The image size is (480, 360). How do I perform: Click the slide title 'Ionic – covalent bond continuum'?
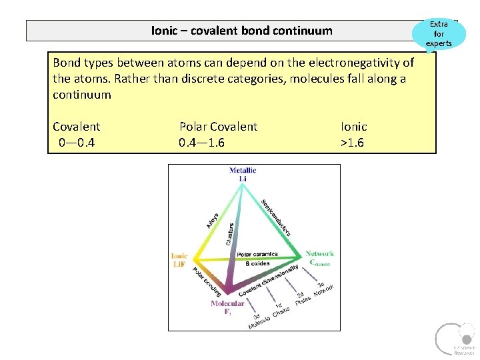coord(241,31)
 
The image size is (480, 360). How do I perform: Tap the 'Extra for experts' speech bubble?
coord(439,33)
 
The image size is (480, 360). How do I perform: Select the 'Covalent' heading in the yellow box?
coord(76,127)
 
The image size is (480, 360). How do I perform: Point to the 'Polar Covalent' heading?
coord(218,127)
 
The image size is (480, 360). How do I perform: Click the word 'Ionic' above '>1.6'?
coord(353,127)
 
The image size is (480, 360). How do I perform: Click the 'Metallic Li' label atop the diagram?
coord(243,174)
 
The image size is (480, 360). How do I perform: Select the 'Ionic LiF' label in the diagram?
coord(179,260)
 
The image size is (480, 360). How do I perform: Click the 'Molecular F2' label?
coord(227,307)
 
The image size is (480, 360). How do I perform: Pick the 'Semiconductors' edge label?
coord(279,217)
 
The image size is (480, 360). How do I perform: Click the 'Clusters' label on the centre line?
coord(229,233)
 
